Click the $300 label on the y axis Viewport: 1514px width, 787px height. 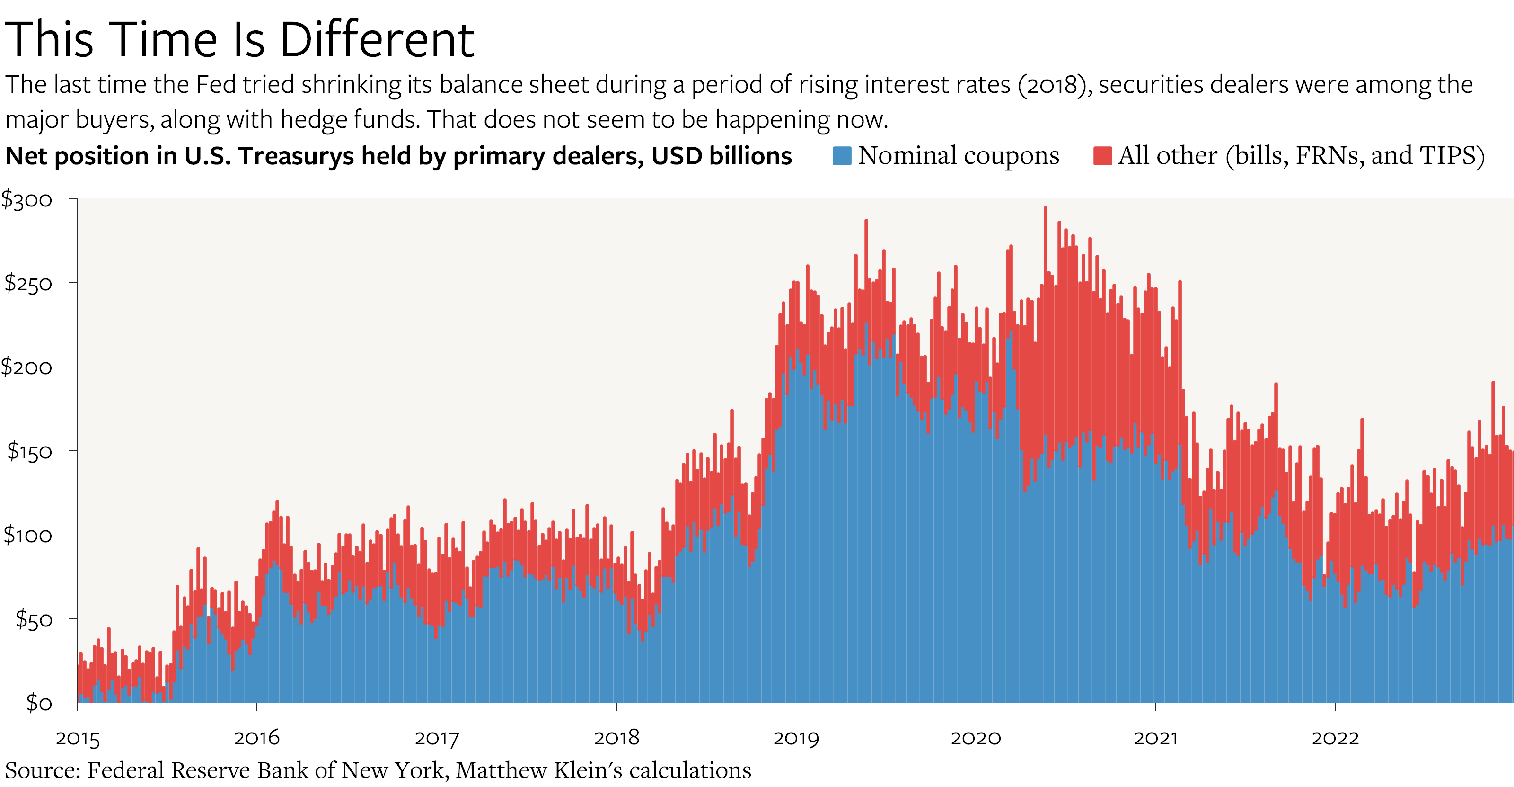(27, 200)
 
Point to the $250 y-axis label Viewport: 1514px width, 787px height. (28, 284)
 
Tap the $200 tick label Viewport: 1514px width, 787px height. (27, 367)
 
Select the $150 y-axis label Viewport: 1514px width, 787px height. (29, 451)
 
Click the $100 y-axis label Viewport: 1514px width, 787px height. (28, 535)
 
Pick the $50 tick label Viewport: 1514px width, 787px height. (34, 619)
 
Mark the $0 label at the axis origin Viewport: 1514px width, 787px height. (39, 702)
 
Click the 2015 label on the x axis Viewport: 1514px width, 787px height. (78, 738)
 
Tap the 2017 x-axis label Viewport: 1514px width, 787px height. (437, 738)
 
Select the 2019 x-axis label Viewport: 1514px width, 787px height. (796, 738)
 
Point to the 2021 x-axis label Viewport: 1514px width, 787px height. (1155, 738)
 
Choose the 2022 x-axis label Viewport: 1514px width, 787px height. (1335, 738)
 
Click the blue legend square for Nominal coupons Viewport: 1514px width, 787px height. (842, 156)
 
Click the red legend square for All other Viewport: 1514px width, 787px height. (1102, 156)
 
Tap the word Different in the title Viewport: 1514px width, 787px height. (377, 39)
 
